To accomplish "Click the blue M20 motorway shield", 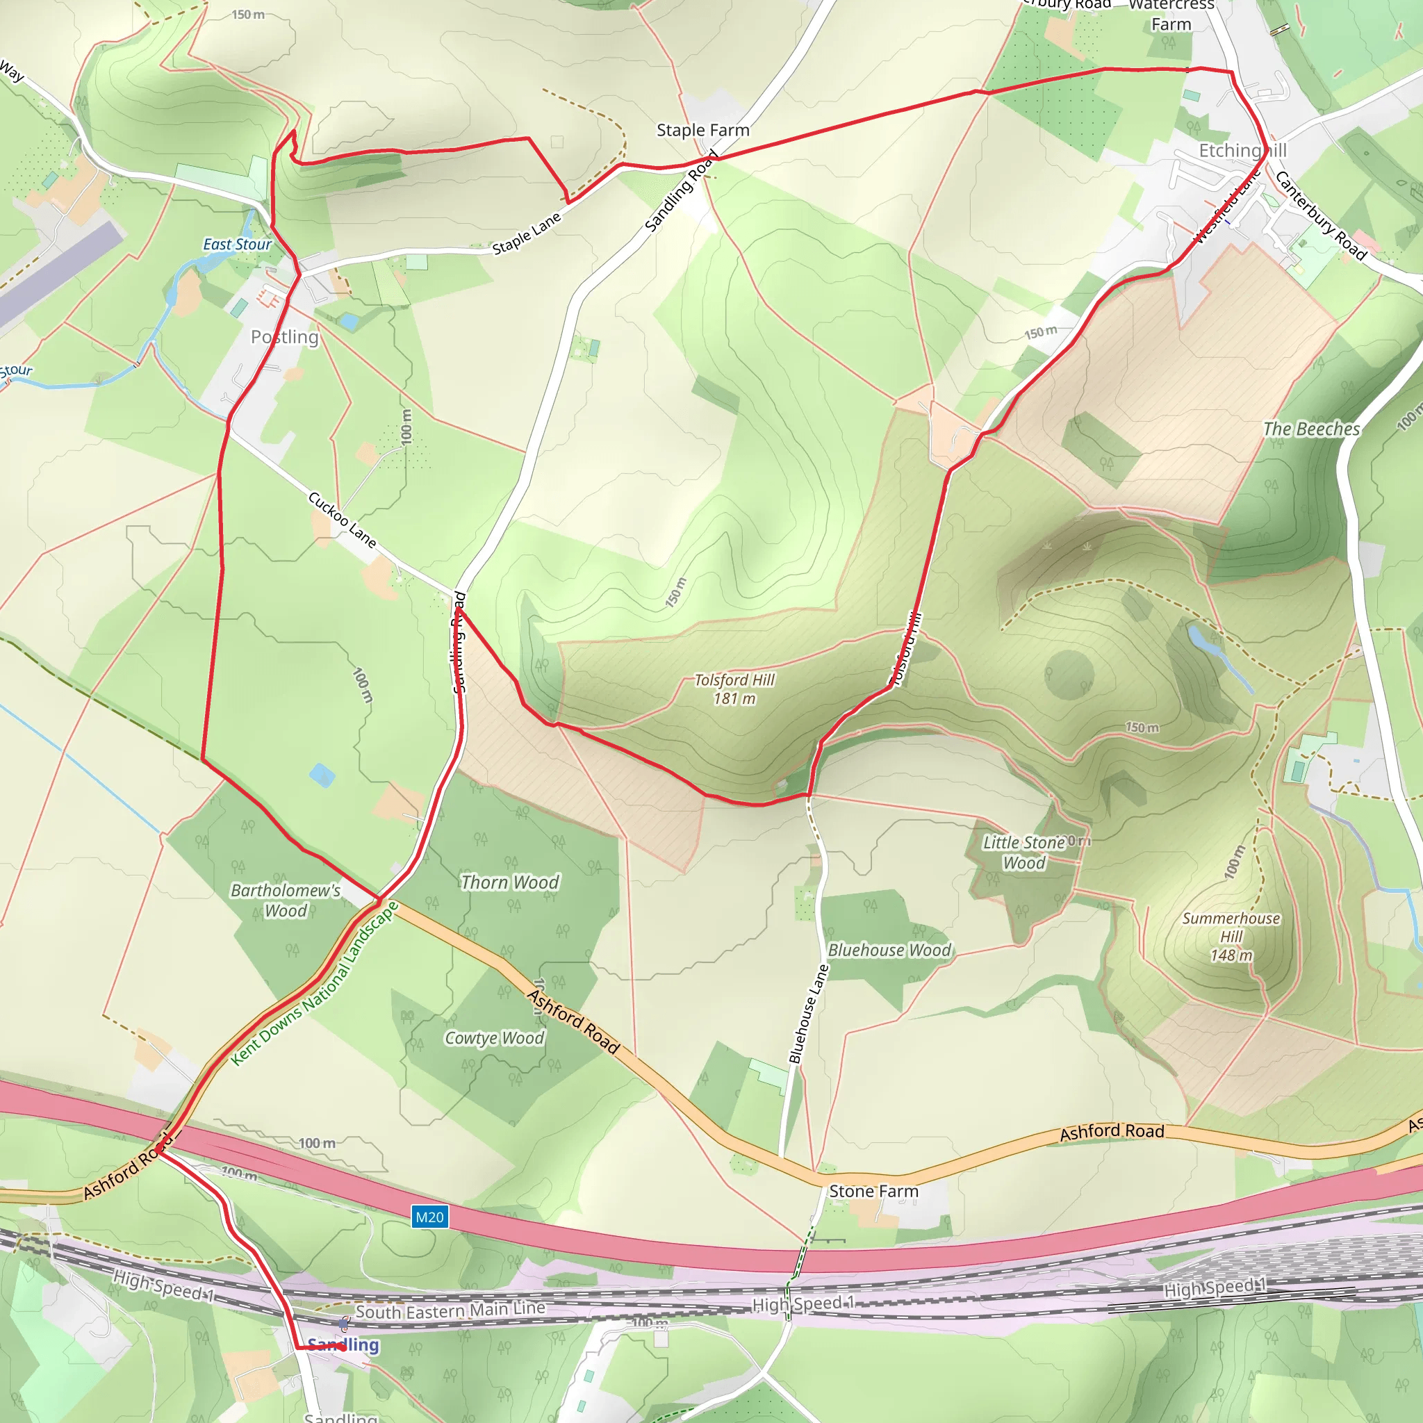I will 429,1217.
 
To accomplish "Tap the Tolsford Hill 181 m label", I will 734,689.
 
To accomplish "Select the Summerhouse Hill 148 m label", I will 1231,936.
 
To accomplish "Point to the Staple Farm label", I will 702,131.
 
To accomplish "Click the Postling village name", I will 284,337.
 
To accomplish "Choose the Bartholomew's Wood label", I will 286,900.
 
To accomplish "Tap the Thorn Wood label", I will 510,882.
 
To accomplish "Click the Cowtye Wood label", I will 494,1038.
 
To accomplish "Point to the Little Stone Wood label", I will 1023,852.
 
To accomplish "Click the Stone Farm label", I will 873,1191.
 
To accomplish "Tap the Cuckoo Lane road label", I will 343,520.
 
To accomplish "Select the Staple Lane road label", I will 527,233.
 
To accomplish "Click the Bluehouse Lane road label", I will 809,1014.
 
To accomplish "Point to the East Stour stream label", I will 237,245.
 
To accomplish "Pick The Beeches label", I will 1311,429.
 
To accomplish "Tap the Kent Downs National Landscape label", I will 315,984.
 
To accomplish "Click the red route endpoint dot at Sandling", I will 343,1347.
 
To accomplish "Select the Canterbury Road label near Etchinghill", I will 1321,215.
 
